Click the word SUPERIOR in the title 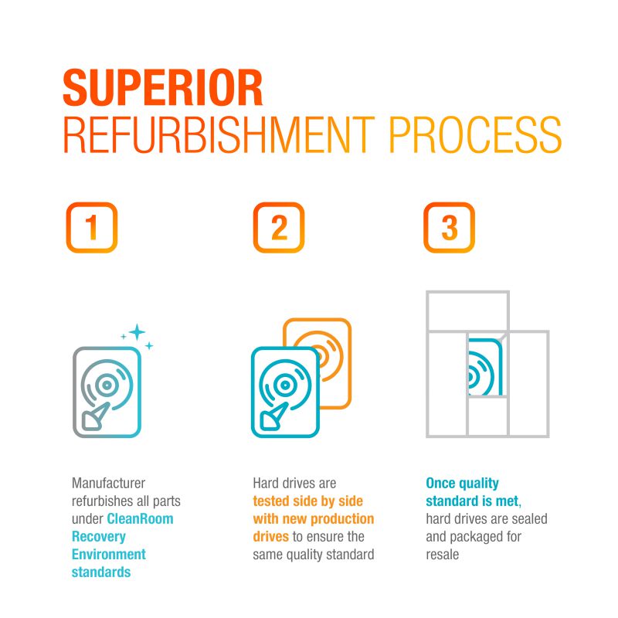pyautogui.click(x=163, y=87)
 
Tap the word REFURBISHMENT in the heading pyautogui.click(x=219, y=134)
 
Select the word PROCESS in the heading pyautogui.click(x=475, y=134)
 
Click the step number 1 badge pyautogui.click(x=92, y=227)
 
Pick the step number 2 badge pyautogui.click(x=279, y=227)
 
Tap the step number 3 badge pyautogui.click(x=450, y=227)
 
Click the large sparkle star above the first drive pyautogui.click(x=138, y=332)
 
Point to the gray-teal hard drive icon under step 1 pyautogui.click(x=107, y=392)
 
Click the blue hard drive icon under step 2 pyautogui.click(x=285, y=392)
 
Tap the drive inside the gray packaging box pyautogui.click(x=486, y=366)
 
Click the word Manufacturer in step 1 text pyautogui.click(x=108, y=483)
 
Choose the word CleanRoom pyautogui.click(x=140, y=518)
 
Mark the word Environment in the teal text pyautogui.click(x=109, y=554)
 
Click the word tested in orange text pyautogui.click(x=271, y=501)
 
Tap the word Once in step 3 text pyautogui.click(x=440, y=483)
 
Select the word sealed pyautogui.click(x=529, y=518)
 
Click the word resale pyautogui.click(x=442, y=554)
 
